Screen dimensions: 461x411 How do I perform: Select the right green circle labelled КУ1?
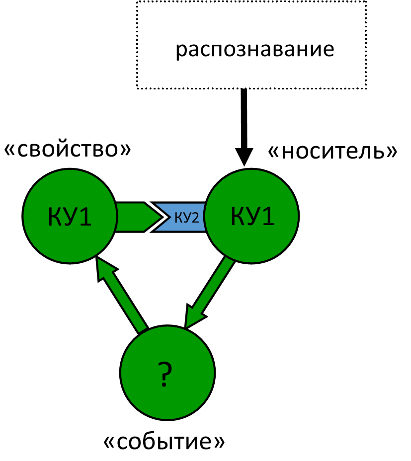[x=251, y=238]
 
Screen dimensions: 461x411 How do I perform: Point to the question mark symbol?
[x=164, y=374]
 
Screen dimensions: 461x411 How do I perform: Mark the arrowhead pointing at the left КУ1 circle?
[x=104, y=268]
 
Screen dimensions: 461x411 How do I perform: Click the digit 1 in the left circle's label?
[x=85, y=217]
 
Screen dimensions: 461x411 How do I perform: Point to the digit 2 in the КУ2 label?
[x=194, y=218]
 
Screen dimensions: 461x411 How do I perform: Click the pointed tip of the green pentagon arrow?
[x=159, y=217]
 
